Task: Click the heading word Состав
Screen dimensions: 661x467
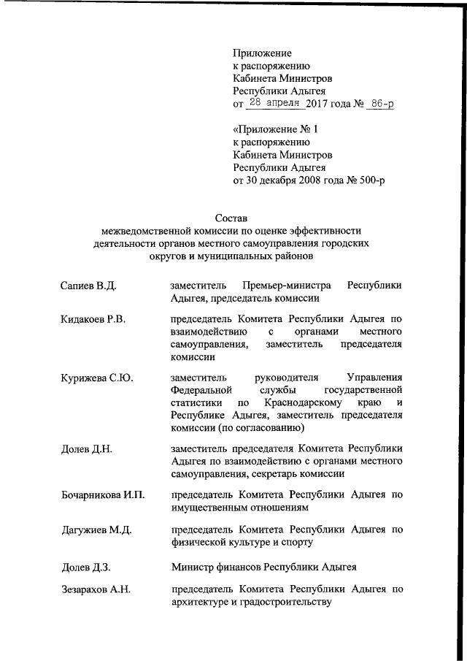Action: coord(232,217)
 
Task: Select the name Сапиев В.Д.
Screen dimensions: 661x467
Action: coord(88,285)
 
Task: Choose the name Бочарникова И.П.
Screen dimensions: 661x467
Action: coord(102,495)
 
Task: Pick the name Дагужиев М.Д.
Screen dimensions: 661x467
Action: coord(96,530)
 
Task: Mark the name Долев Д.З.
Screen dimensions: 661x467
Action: coord(85,567)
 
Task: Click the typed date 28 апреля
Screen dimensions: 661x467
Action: coord(275,104)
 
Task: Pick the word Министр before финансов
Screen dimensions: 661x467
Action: coord(192,567)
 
